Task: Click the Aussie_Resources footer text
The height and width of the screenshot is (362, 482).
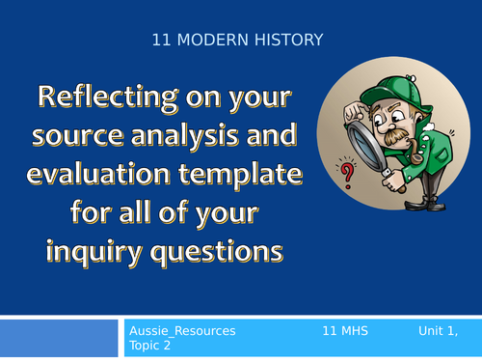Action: click(182, 330)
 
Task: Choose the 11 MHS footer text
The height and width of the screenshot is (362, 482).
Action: click(344, 330)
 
